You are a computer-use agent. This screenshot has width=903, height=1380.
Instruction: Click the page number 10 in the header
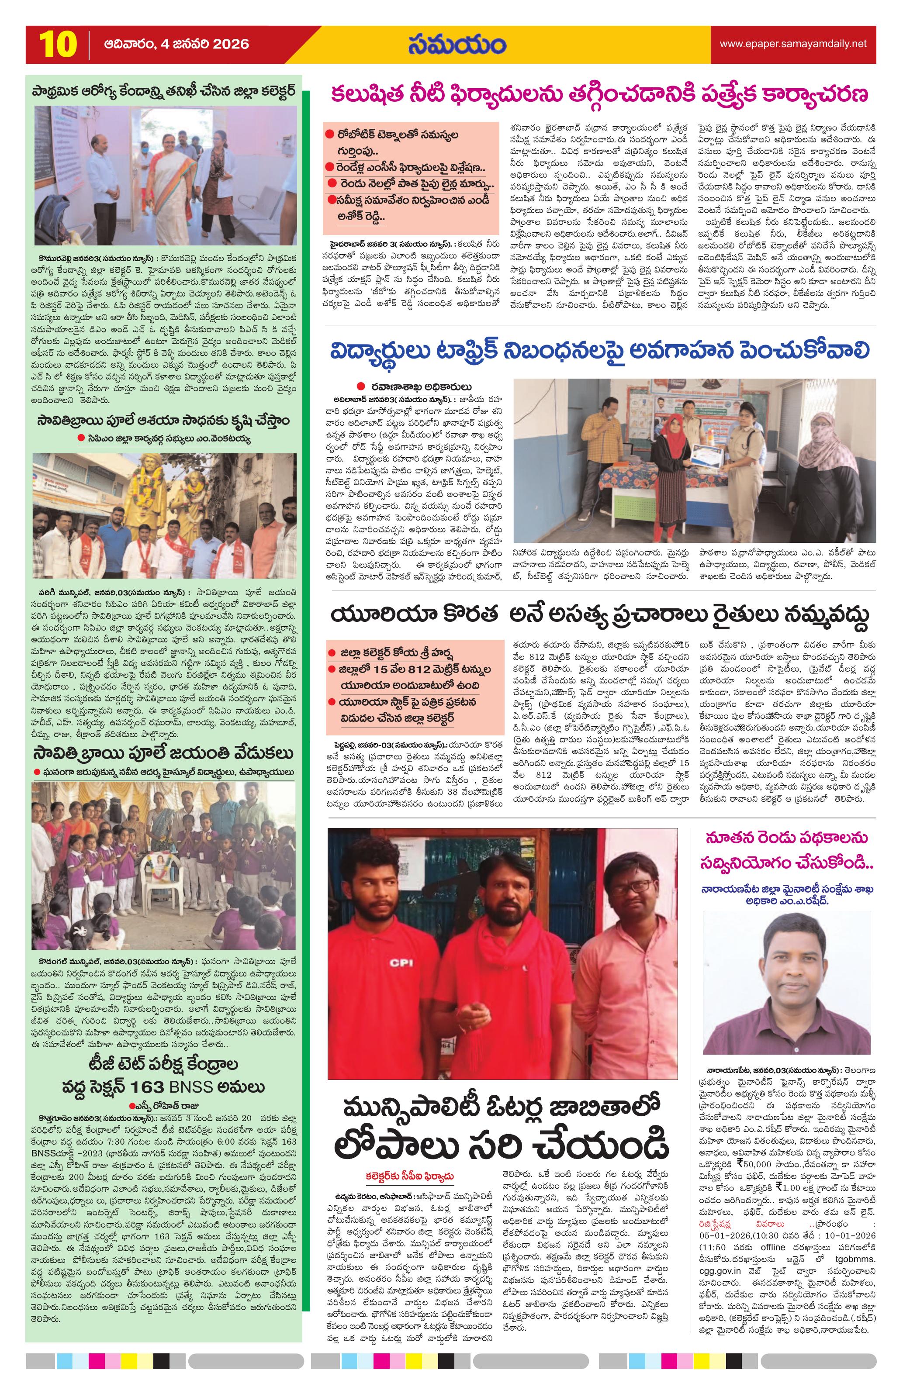pos(58,45)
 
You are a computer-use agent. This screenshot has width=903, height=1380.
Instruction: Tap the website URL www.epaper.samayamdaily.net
pos(793,44)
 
